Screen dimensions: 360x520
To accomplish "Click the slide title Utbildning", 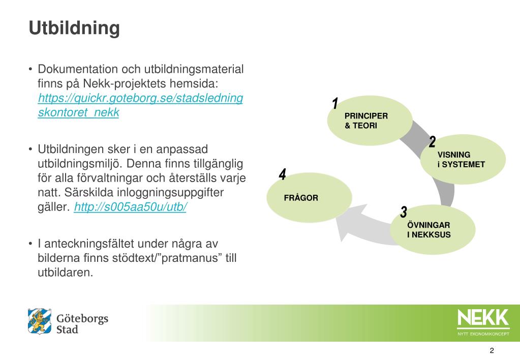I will pyautogui.click(x=74, y=28).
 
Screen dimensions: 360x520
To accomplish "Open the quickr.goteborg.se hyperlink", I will pyautogui.click(x=140, y=98).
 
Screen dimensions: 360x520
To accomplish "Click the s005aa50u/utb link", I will pyautogui.click(x=131, y=207).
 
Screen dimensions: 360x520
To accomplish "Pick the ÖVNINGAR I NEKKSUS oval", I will pyautogui.click(x=433, y=230).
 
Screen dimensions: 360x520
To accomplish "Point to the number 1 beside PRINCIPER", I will pyautogui.click(x=335, y=104).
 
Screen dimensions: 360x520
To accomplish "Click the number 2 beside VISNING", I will pyautogui.click(x=432, y=142).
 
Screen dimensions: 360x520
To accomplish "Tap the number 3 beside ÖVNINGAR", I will pyautogui.click(x=404, y=212).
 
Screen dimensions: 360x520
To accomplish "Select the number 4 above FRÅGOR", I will pyautogui.click(x=283, y=174).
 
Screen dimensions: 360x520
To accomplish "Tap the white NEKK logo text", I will pyautogui.click(x=482, y=318).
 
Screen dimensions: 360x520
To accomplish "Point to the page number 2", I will pyautogui.click(x=492, y=350).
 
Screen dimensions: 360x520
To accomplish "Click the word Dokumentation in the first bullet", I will pyautogui.click(x=76, y=69).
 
